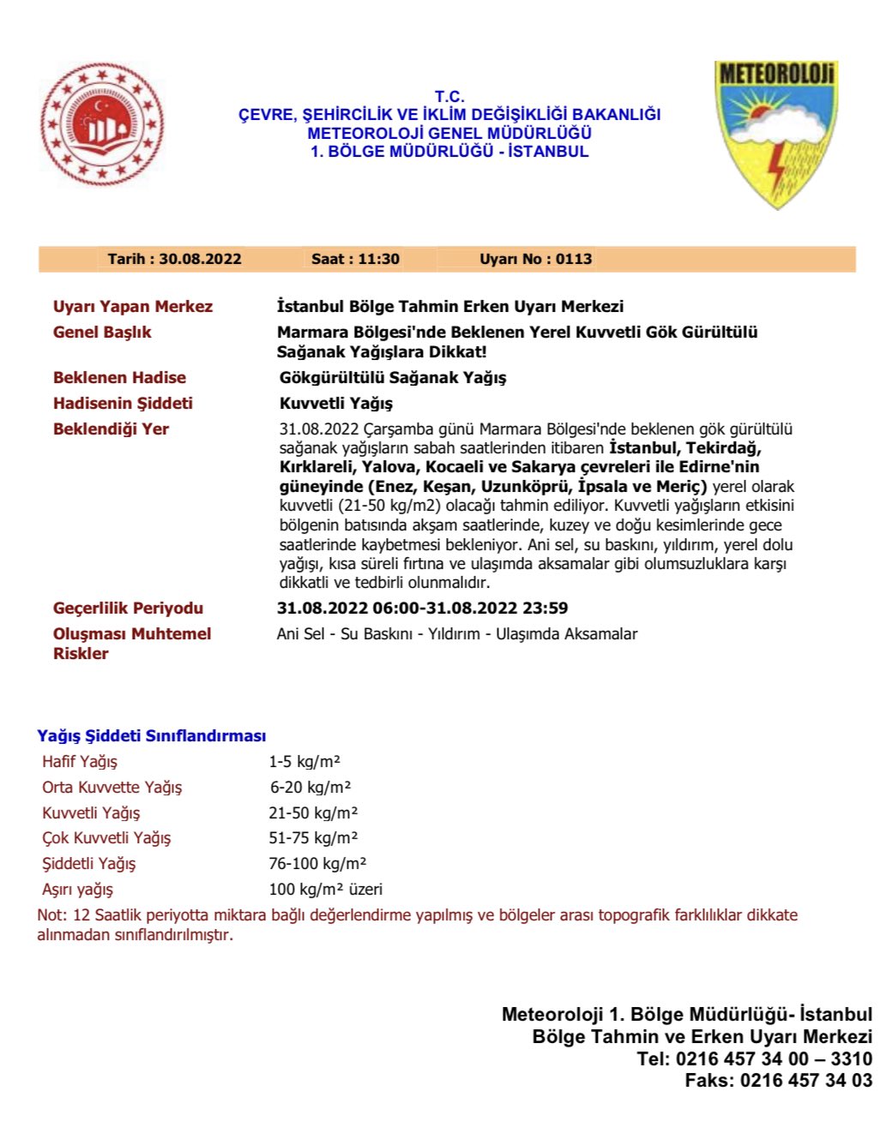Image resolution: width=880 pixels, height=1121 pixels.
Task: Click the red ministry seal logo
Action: (x=102, y=124)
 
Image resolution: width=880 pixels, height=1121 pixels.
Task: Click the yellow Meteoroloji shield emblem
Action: (x=775, y=133)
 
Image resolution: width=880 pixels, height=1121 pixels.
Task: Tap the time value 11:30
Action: (x=377, y=259)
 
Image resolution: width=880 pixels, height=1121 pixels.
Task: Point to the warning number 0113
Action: (x=574, y=259)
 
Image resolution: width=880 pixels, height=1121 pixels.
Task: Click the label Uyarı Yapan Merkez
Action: (x=133, y=307)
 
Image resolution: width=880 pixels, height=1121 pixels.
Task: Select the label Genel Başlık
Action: (x=102, y=333)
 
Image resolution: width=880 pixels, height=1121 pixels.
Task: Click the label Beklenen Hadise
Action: (x=119, y=378)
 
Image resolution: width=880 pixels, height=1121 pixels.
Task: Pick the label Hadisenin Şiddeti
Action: (x=123, y=404)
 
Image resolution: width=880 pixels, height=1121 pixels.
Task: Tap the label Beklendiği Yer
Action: (x=111, y=429)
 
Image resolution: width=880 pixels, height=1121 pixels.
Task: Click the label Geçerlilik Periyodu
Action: (x=128, y=608)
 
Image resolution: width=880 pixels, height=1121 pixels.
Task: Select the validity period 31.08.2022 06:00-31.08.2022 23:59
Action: (x=422, y=608)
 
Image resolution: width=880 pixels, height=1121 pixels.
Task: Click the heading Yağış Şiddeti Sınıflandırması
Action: (x=151, y=736)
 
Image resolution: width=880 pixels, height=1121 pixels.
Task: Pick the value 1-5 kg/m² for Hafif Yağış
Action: (x=304, y=762)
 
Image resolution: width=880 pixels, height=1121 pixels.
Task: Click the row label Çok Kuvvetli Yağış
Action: (x=106, y=838)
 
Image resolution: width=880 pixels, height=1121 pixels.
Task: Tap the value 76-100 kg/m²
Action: (x=317, y=864)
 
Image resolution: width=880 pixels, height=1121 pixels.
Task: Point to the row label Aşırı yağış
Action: (x=77, y=890)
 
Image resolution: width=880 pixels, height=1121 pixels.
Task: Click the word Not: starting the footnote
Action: (x=52, y=915)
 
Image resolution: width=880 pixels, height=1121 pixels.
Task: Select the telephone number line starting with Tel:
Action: (x=754, y=1059)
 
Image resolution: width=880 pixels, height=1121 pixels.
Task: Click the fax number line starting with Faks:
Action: (x=778, y=1081)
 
